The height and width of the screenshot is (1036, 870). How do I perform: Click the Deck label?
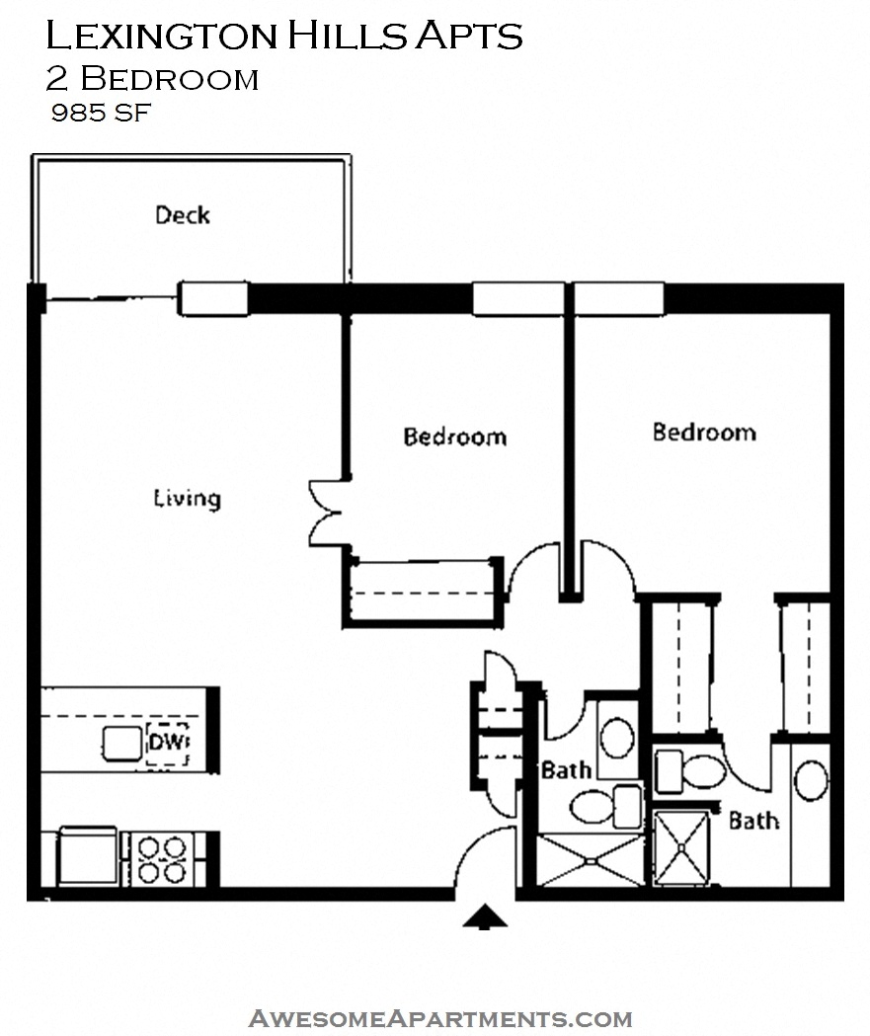click(183, 215)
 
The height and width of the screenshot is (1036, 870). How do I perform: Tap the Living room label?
click(187, 498)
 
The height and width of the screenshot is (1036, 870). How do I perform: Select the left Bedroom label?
click(455, 437)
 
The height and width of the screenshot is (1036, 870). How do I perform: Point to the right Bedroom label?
click(704, 433)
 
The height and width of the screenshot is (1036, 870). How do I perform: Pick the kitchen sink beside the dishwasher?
click(121, 744)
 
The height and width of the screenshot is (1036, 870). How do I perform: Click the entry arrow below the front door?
click(485, 916)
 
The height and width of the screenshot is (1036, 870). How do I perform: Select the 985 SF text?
click(101, 113)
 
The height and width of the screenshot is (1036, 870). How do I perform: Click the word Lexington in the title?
click(161, 36)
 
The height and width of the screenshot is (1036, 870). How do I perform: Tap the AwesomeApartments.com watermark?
click(440, 1018)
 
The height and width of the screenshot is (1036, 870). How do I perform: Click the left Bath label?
click(566, 769)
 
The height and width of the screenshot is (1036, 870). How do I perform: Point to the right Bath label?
click(753, 821)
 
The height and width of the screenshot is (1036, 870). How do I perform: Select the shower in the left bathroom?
click(590, 860)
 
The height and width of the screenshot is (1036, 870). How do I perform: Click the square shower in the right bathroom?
click(681, 847)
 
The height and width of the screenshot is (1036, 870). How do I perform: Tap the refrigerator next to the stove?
click(88, 855)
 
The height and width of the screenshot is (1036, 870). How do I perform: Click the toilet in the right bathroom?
click(690, 771)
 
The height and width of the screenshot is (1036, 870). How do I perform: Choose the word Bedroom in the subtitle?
click(170, 79)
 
